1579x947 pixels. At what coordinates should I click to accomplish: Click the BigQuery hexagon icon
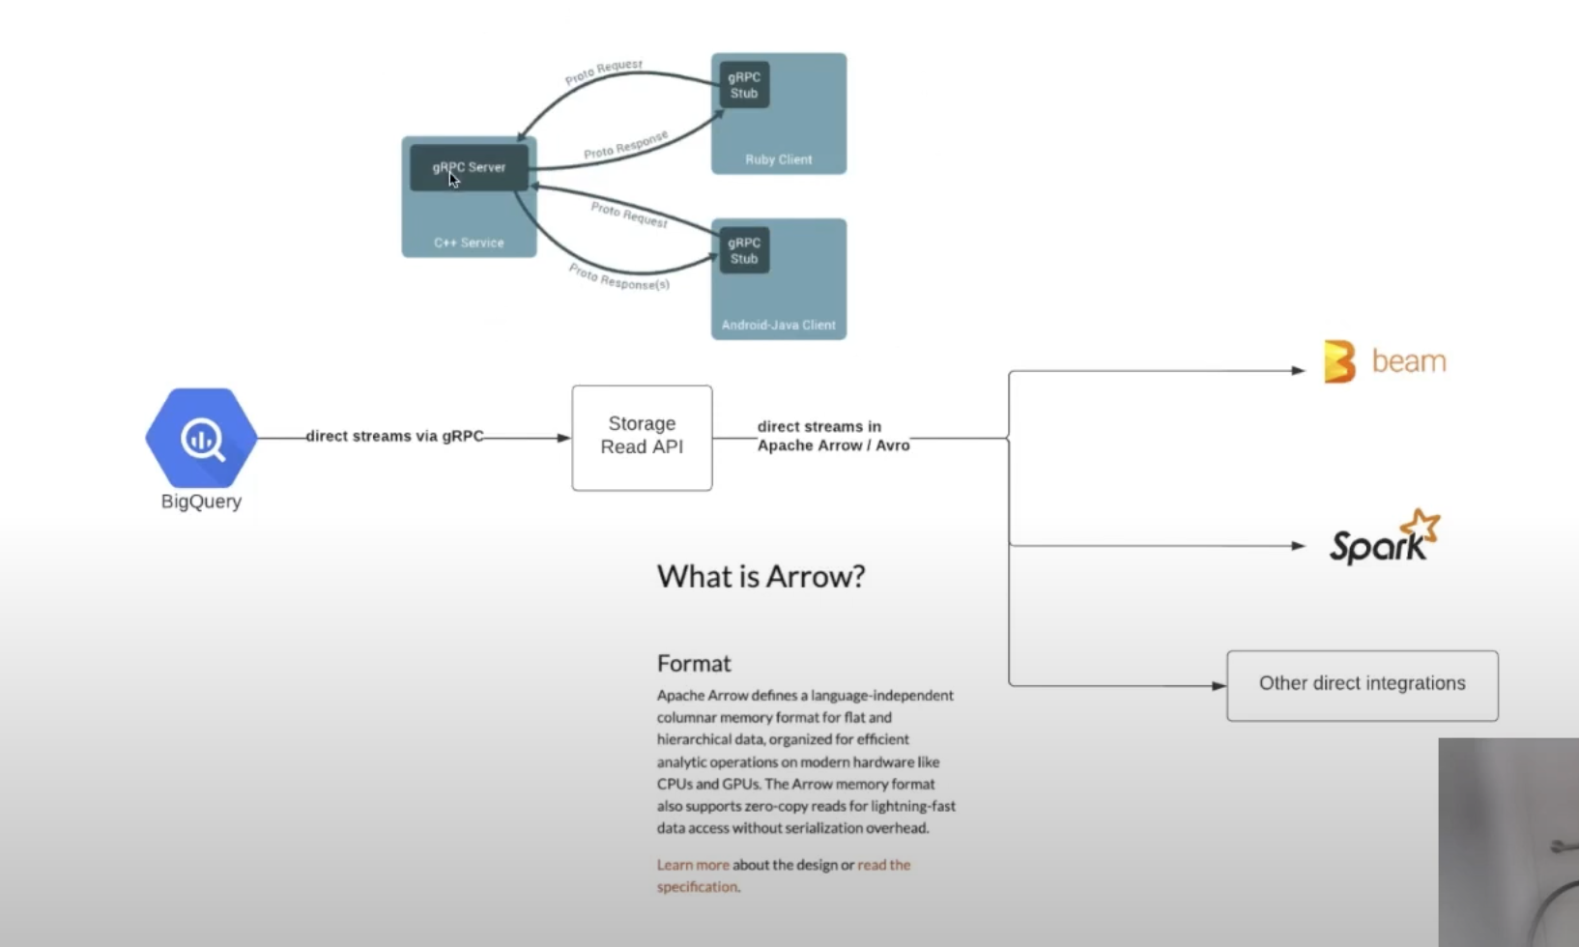[x=201, y=438]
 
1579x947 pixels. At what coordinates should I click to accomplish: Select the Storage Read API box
[x=642, y=438]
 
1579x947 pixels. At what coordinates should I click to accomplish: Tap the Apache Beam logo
[x=1384, y=361]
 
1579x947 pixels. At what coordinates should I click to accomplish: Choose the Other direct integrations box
[x=1362, y=685]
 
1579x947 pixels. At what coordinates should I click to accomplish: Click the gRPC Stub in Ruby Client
[x=744, y=85]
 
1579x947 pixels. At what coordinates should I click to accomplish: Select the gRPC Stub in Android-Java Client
[x=744, y=250]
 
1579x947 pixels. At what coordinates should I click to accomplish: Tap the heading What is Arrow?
[x=761, y=577]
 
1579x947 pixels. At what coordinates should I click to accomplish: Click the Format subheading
[x=694, y=664]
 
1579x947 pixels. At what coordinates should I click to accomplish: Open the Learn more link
[x=693, y=865]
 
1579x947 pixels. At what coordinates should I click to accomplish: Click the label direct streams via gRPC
[x=394, y=437]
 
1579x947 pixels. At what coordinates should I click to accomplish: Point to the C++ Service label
[x=469, y=243]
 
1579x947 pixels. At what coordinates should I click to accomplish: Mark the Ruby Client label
[x=778, y=159]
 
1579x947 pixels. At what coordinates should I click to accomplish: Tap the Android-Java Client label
[x=778, y=325]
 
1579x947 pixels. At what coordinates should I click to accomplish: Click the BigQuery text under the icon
[x=201, y=502]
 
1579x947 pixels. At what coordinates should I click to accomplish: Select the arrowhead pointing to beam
[x=1299, y=370]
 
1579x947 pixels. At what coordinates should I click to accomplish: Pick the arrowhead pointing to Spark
[x=1299, y=546]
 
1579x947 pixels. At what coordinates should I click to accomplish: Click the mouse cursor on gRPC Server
[x=453, y=179]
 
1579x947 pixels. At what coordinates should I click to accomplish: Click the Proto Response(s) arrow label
[x=618, y=276]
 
